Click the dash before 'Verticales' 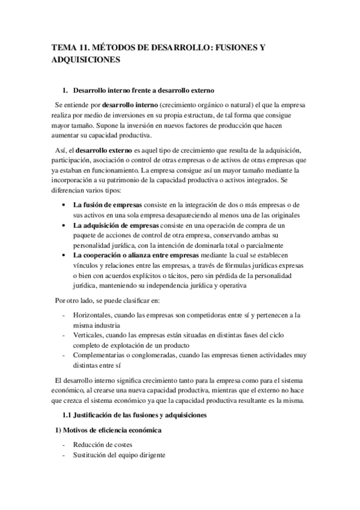(x=64, y=335)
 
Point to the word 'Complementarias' (x=99, y=355)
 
